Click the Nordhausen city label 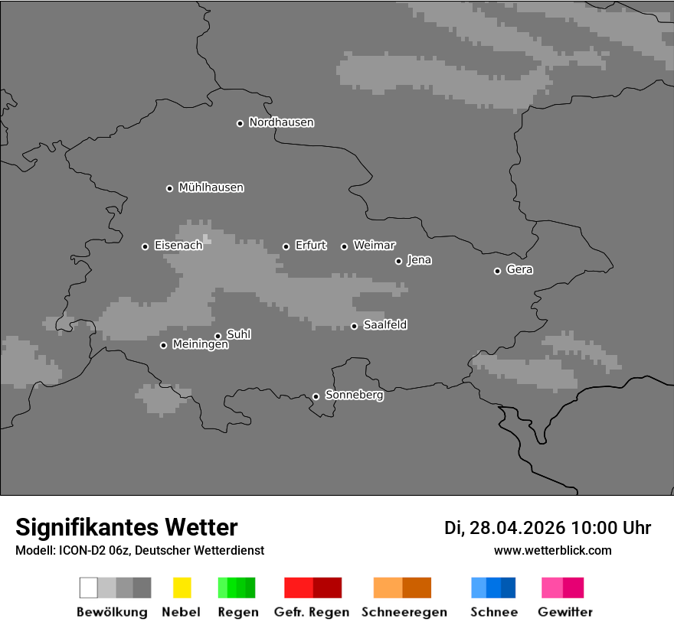point(281,122)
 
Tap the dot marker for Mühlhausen point(169,188)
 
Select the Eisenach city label point(178,246)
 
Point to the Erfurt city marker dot point(286,246)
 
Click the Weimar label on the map point(375,246)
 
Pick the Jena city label point(419,260)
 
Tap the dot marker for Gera point(497,271)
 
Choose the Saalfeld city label point(385,325)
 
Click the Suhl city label point(239,334)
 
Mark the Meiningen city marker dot point(163,345)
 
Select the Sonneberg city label point(355,396)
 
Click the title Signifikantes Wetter point(126,527)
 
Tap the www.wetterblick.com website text point(553,550)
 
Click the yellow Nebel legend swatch point(182,588)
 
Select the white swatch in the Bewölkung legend point(89,588)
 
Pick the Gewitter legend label point(565,612)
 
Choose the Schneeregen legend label point(404,612)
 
